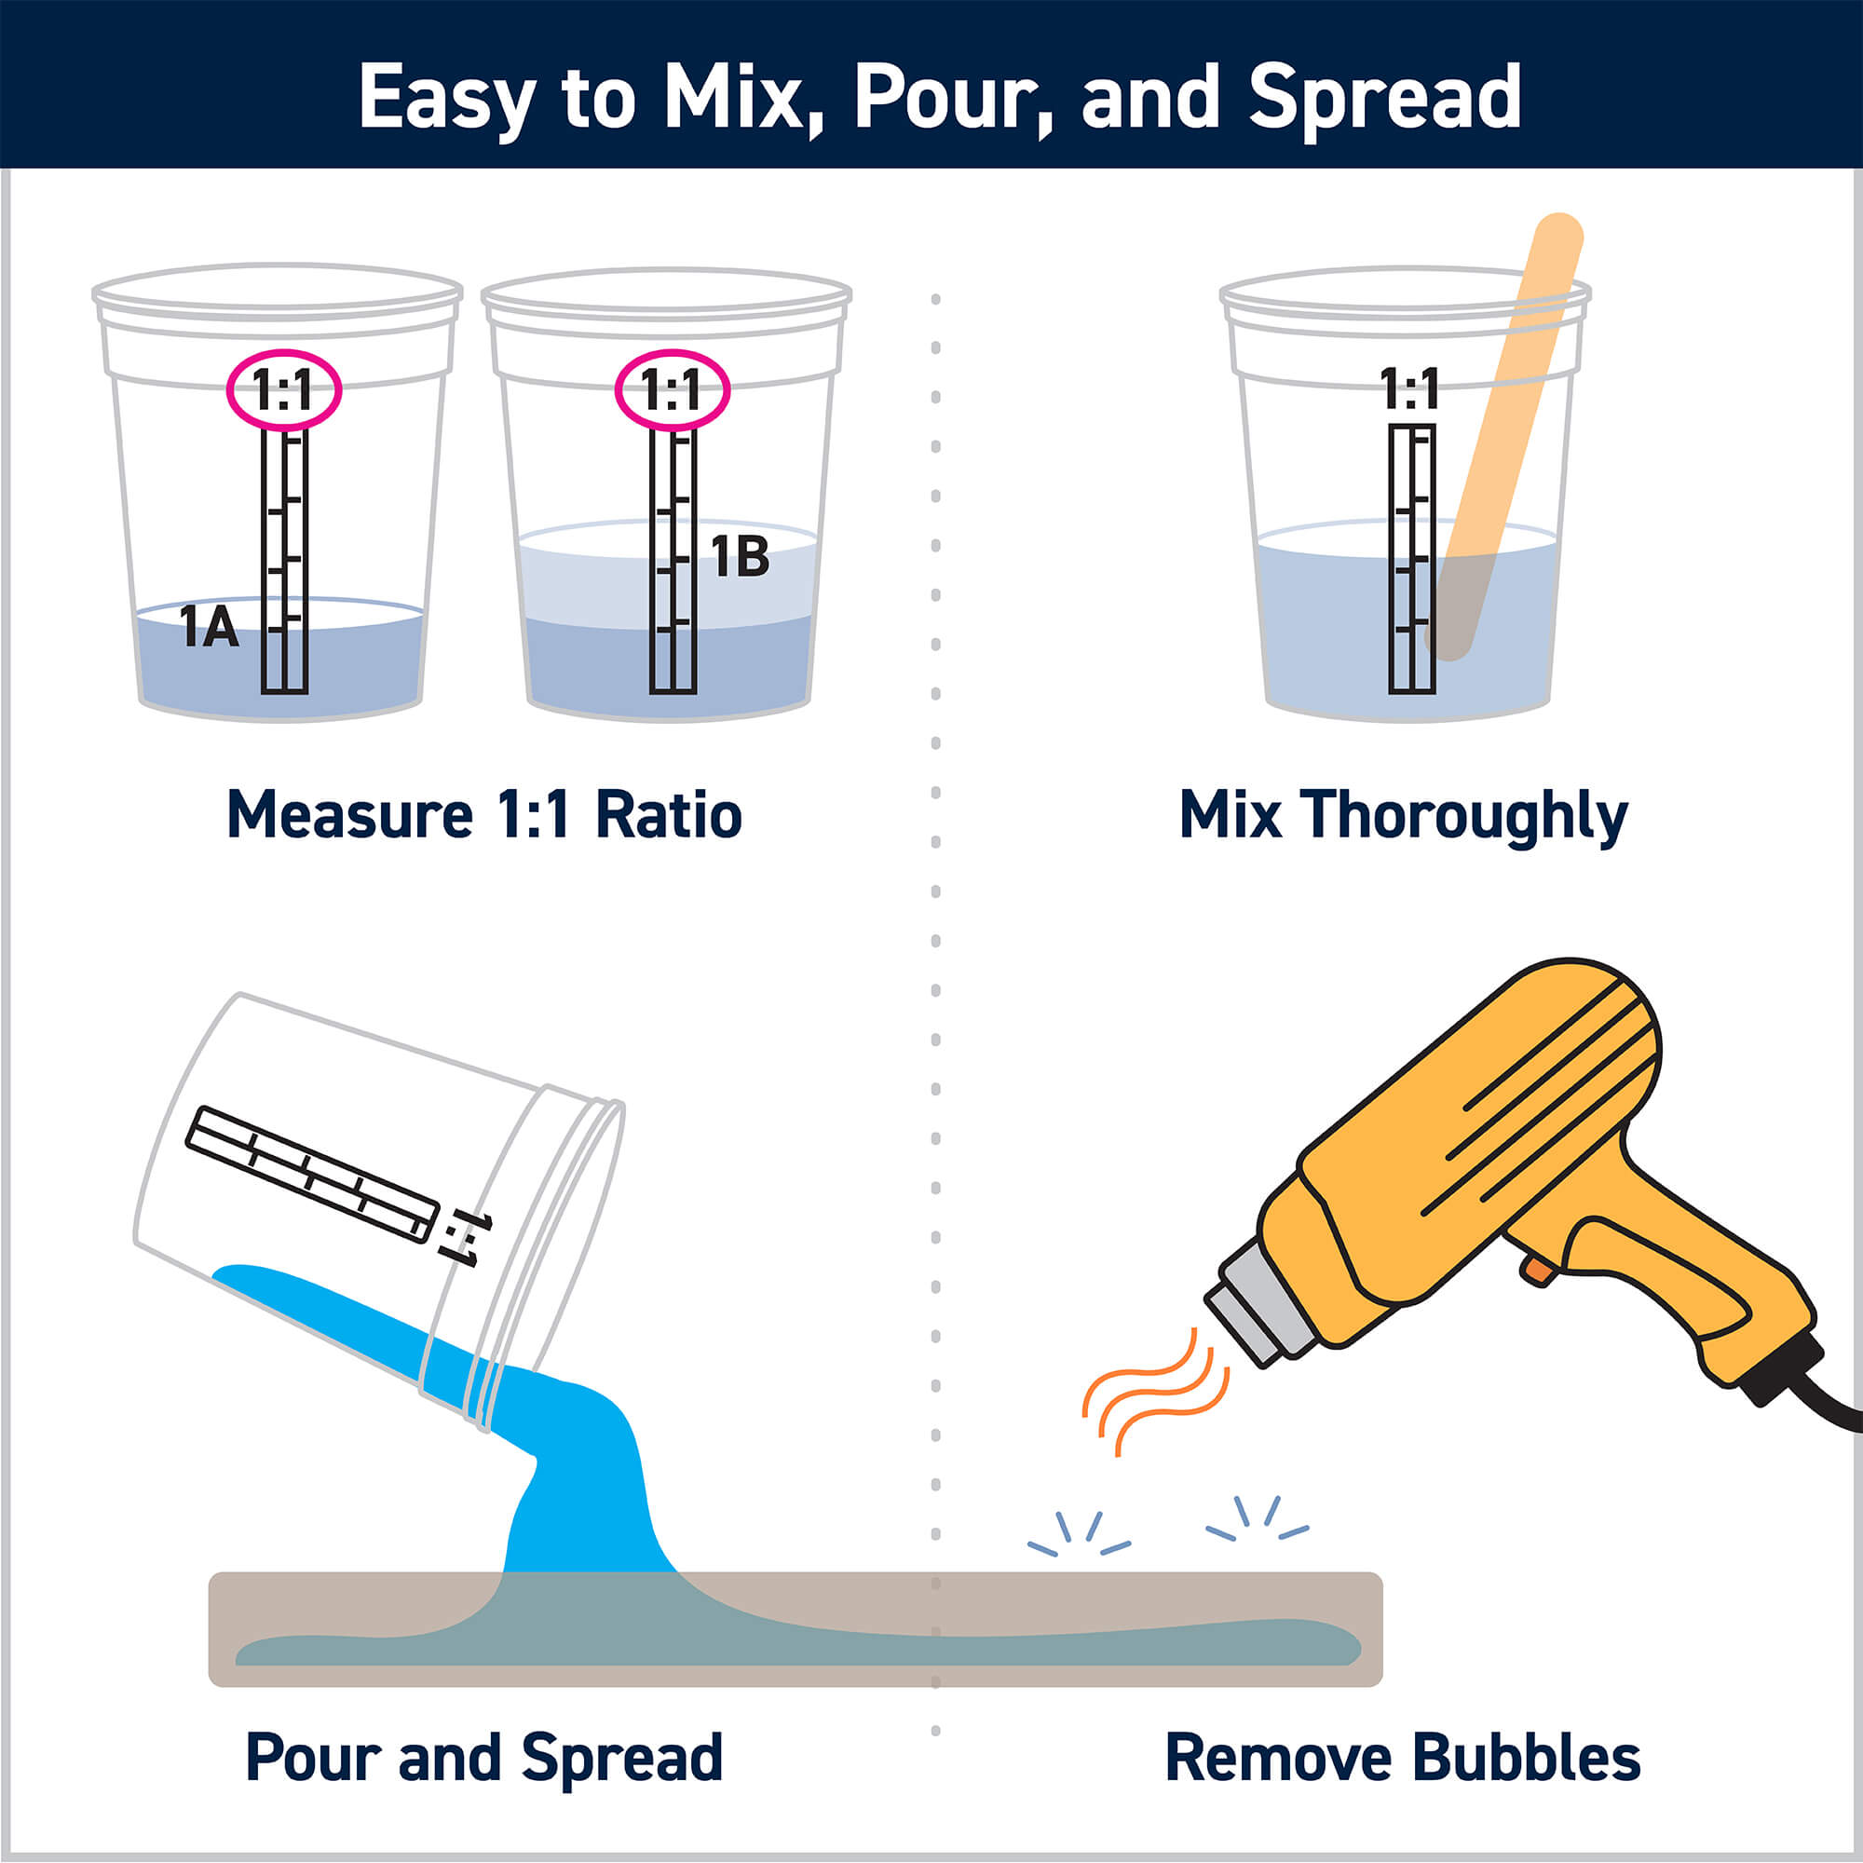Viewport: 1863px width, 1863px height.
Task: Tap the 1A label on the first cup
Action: click(x=210, y=628)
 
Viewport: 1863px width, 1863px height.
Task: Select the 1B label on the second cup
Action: click(x=740, y=556)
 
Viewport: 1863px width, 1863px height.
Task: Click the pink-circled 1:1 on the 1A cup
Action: click(x=283, y=390)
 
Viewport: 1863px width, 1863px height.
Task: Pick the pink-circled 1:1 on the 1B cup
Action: click(x=673, y=390)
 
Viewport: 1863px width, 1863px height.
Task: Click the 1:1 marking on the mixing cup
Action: click(x=1408, y=389)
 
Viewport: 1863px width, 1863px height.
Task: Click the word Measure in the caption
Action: click(x=349, y=816)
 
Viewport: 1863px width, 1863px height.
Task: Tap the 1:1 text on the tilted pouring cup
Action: click(x=466, y=1237)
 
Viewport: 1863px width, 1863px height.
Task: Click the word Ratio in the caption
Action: click(x=668, y=816)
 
